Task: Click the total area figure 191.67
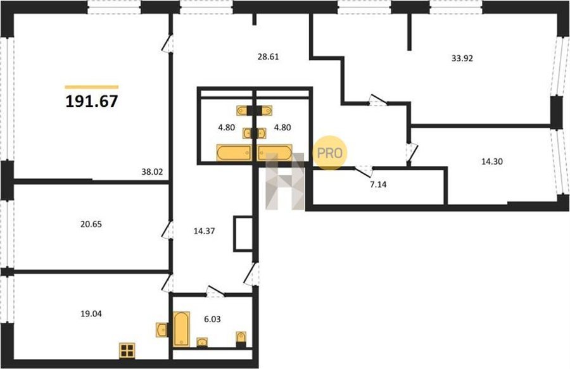(92, 101)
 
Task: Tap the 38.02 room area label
(152, 172)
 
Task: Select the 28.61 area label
(269, 57)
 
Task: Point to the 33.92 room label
(462, 58)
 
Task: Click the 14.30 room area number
(492, 161)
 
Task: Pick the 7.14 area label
(379, 185)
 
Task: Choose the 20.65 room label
(91, 225)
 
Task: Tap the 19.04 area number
(91, 314)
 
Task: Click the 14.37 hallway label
(204, 231)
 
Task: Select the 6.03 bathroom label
(212, 320)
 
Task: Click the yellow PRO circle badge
(330, 153)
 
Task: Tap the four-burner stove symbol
(127, 351)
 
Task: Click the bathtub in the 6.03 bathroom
(181, 329)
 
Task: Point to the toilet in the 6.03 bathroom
(241, 338)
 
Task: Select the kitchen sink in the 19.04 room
(162, 330)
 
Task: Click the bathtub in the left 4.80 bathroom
(234, 153)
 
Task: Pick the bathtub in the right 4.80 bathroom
(275, 153)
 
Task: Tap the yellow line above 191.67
(92, 87)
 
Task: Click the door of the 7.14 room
(364, 170)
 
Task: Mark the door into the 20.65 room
(167, 230)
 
